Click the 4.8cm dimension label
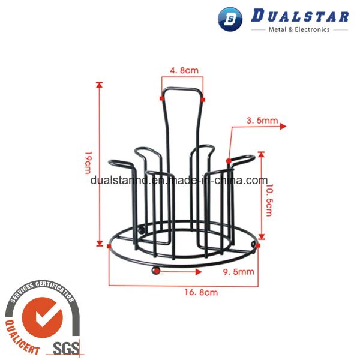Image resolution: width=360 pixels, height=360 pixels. pos(184,70)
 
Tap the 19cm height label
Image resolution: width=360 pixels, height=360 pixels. pos(88,163)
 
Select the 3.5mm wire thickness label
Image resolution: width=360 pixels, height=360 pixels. pos(262,121)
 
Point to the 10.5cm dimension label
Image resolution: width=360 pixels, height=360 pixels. pos(269,200)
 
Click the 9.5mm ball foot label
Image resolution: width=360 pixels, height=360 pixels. pos(239,272)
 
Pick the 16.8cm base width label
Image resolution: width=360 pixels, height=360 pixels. pos(201,292)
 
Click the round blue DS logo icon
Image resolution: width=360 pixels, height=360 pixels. pos(230,19)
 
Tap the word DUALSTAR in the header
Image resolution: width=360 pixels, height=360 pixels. pos(300,16)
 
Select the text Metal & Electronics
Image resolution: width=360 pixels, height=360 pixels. pos(299,29)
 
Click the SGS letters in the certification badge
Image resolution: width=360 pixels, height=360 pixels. pos(67,348)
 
